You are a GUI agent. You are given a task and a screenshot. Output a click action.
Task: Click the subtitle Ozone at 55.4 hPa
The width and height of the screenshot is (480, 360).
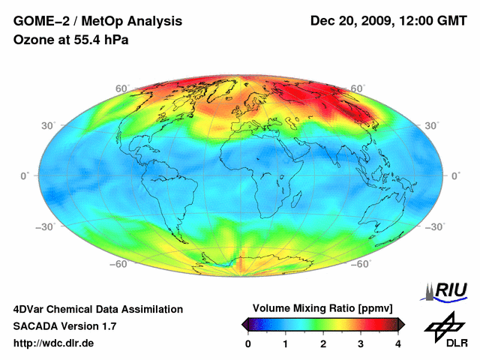(x=71, y=40)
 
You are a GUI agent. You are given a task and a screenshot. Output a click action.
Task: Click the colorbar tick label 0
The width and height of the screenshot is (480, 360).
(x=248, y=343)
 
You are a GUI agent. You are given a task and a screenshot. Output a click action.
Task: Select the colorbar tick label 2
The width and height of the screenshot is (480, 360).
(x=323, y=343)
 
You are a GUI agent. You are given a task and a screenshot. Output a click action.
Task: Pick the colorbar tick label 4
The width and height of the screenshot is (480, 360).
(x=398, y=343)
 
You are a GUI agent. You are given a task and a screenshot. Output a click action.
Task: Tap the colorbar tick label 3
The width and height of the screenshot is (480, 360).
(x=361, y=343)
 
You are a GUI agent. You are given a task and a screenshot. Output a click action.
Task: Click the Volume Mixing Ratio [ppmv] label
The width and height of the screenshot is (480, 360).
(x=322, y=308)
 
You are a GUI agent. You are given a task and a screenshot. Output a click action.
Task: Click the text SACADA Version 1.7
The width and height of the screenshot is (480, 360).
(x=64, y=326)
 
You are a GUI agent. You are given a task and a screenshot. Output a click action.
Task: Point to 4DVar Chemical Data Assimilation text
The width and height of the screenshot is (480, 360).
(x=98, y=309)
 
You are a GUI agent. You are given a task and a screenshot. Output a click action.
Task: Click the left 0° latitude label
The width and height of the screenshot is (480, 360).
(x=25, y=175)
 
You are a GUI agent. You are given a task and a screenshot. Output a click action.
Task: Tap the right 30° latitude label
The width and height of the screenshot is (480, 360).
(x=431, y=126)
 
